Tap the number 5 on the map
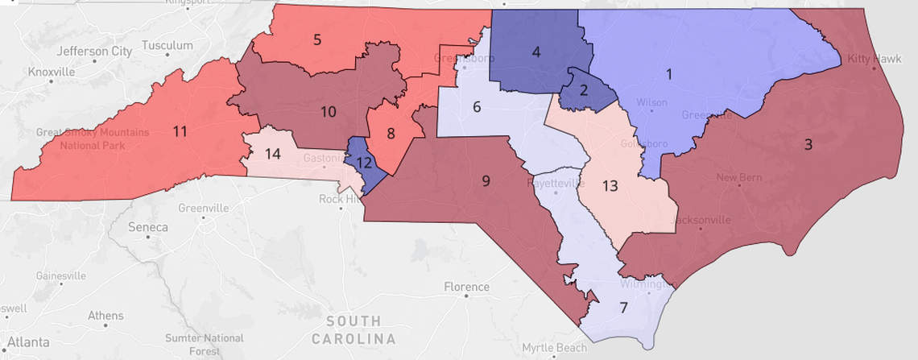[x=317, y=39]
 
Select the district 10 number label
[x=328, y=111]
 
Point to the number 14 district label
[x=274, y=152]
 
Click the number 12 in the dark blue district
[x=363, y=162]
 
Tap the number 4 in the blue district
[x=535, y=54]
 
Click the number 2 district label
[x=584, y=89]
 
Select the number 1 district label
[x=668, y=74]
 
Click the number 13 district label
[x=610, y=186]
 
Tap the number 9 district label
[x=486, y=180]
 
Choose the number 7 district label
[x=622, y=308]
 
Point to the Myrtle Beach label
[x=555, y=348]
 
